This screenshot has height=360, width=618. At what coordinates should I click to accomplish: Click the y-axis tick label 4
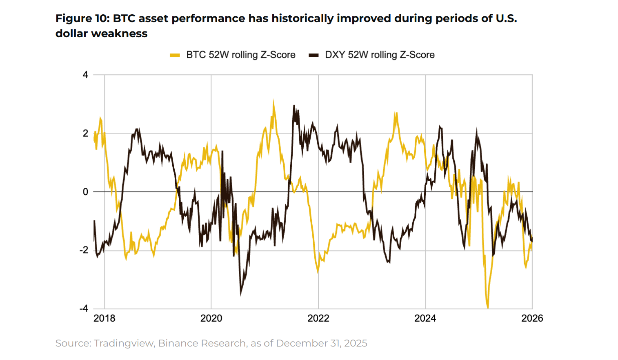[x=85, y=75]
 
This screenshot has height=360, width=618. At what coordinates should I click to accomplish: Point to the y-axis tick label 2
[x=85, y=133]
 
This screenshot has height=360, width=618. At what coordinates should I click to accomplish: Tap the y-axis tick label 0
[x=85, y=192]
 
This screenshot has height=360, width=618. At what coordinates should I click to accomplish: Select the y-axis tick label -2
[x=84, y=250]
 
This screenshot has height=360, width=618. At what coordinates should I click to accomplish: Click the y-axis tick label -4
[x=84, y=309]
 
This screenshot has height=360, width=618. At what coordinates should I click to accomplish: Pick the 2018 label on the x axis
[x=104, y=318]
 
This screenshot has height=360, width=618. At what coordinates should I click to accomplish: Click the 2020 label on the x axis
[x=211, y=318]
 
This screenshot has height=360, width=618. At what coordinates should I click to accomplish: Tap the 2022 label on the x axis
[x=318, y=318]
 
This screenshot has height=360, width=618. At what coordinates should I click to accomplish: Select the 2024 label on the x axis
[x=425, y=318]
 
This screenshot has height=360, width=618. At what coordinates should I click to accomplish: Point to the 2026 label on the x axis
[x=532, y=318]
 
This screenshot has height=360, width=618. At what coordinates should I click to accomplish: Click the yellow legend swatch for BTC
[x=175, y=55]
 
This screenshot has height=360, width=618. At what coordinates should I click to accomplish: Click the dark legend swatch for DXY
[x=313, y=55]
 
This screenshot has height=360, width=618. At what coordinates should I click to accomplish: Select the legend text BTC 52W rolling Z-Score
[x=241, y=55]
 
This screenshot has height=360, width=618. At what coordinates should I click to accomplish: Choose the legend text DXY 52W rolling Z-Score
[x=380, y=55]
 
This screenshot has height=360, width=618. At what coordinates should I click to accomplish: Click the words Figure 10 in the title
[x=82, y=18]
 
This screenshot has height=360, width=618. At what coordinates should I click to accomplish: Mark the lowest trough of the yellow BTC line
[x=488, y=307]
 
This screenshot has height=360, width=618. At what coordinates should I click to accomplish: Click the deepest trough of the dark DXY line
[x=241, y=294]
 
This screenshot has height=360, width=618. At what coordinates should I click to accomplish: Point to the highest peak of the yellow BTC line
[x=273, y=101]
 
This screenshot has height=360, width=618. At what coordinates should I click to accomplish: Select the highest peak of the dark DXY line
[x=294, y=106]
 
